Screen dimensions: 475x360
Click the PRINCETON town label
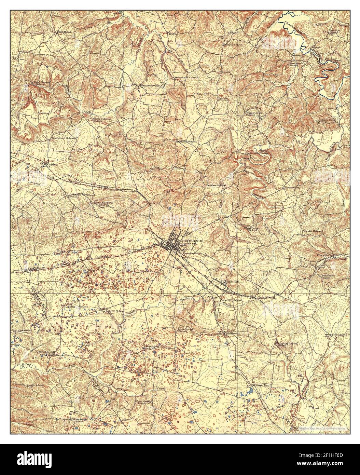tap(193, 241)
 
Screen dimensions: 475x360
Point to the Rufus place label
tap(174, 33)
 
